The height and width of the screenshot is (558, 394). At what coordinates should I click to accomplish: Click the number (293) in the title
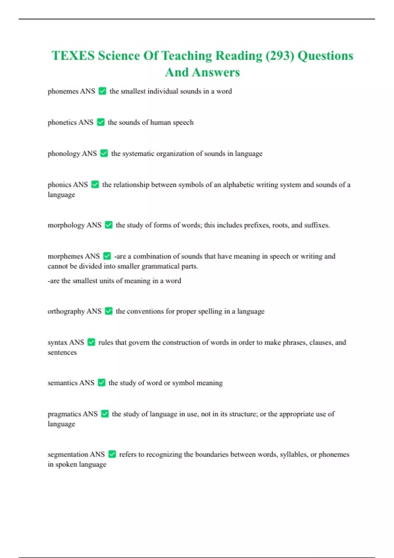coord(279,56)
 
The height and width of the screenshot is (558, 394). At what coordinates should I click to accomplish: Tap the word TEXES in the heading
coord(73,56)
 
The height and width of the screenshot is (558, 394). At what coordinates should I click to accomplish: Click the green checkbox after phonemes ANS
coord(102,91)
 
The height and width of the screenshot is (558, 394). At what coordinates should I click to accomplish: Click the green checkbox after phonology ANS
coord(104,153)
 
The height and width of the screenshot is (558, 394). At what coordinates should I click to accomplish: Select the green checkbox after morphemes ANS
coord(107,256)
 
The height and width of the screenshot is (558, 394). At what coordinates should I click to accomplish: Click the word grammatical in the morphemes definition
coord(161,266)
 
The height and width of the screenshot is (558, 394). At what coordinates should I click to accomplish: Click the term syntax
coord(57,342)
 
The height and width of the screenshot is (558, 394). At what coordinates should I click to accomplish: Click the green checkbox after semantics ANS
coord(102,383)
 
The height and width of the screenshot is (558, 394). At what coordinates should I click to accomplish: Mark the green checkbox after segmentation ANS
coord(112,454)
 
